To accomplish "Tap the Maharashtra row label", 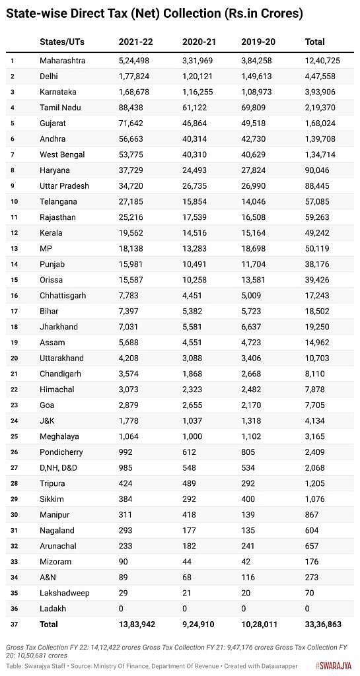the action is click(63, 61).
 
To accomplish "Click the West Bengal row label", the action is click(63, 154).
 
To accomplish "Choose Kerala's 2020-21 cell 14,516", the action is click(196, 233).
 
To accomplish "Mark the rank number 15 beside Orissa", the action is click(13, 280).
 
